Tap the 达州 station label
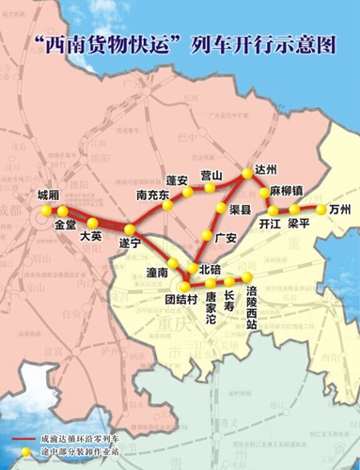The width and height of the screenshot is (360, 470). tap(268, 170)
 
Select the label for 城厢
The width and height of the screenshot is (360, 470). tap(47, 195)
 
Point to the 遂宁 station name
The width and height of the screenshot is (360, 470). tap(129, 243)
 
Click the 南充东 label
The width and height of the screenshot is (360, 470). tap(152, 196)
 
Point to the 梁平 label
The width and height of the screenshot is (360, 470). tap(300, 225)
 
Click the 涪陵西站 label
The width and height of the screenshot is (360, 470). tap(251, 308)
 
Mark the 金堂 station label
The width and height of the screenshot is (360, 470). tap(65, 226)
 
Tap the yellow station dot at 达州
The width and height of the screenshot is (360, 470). tap(248, 171)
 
